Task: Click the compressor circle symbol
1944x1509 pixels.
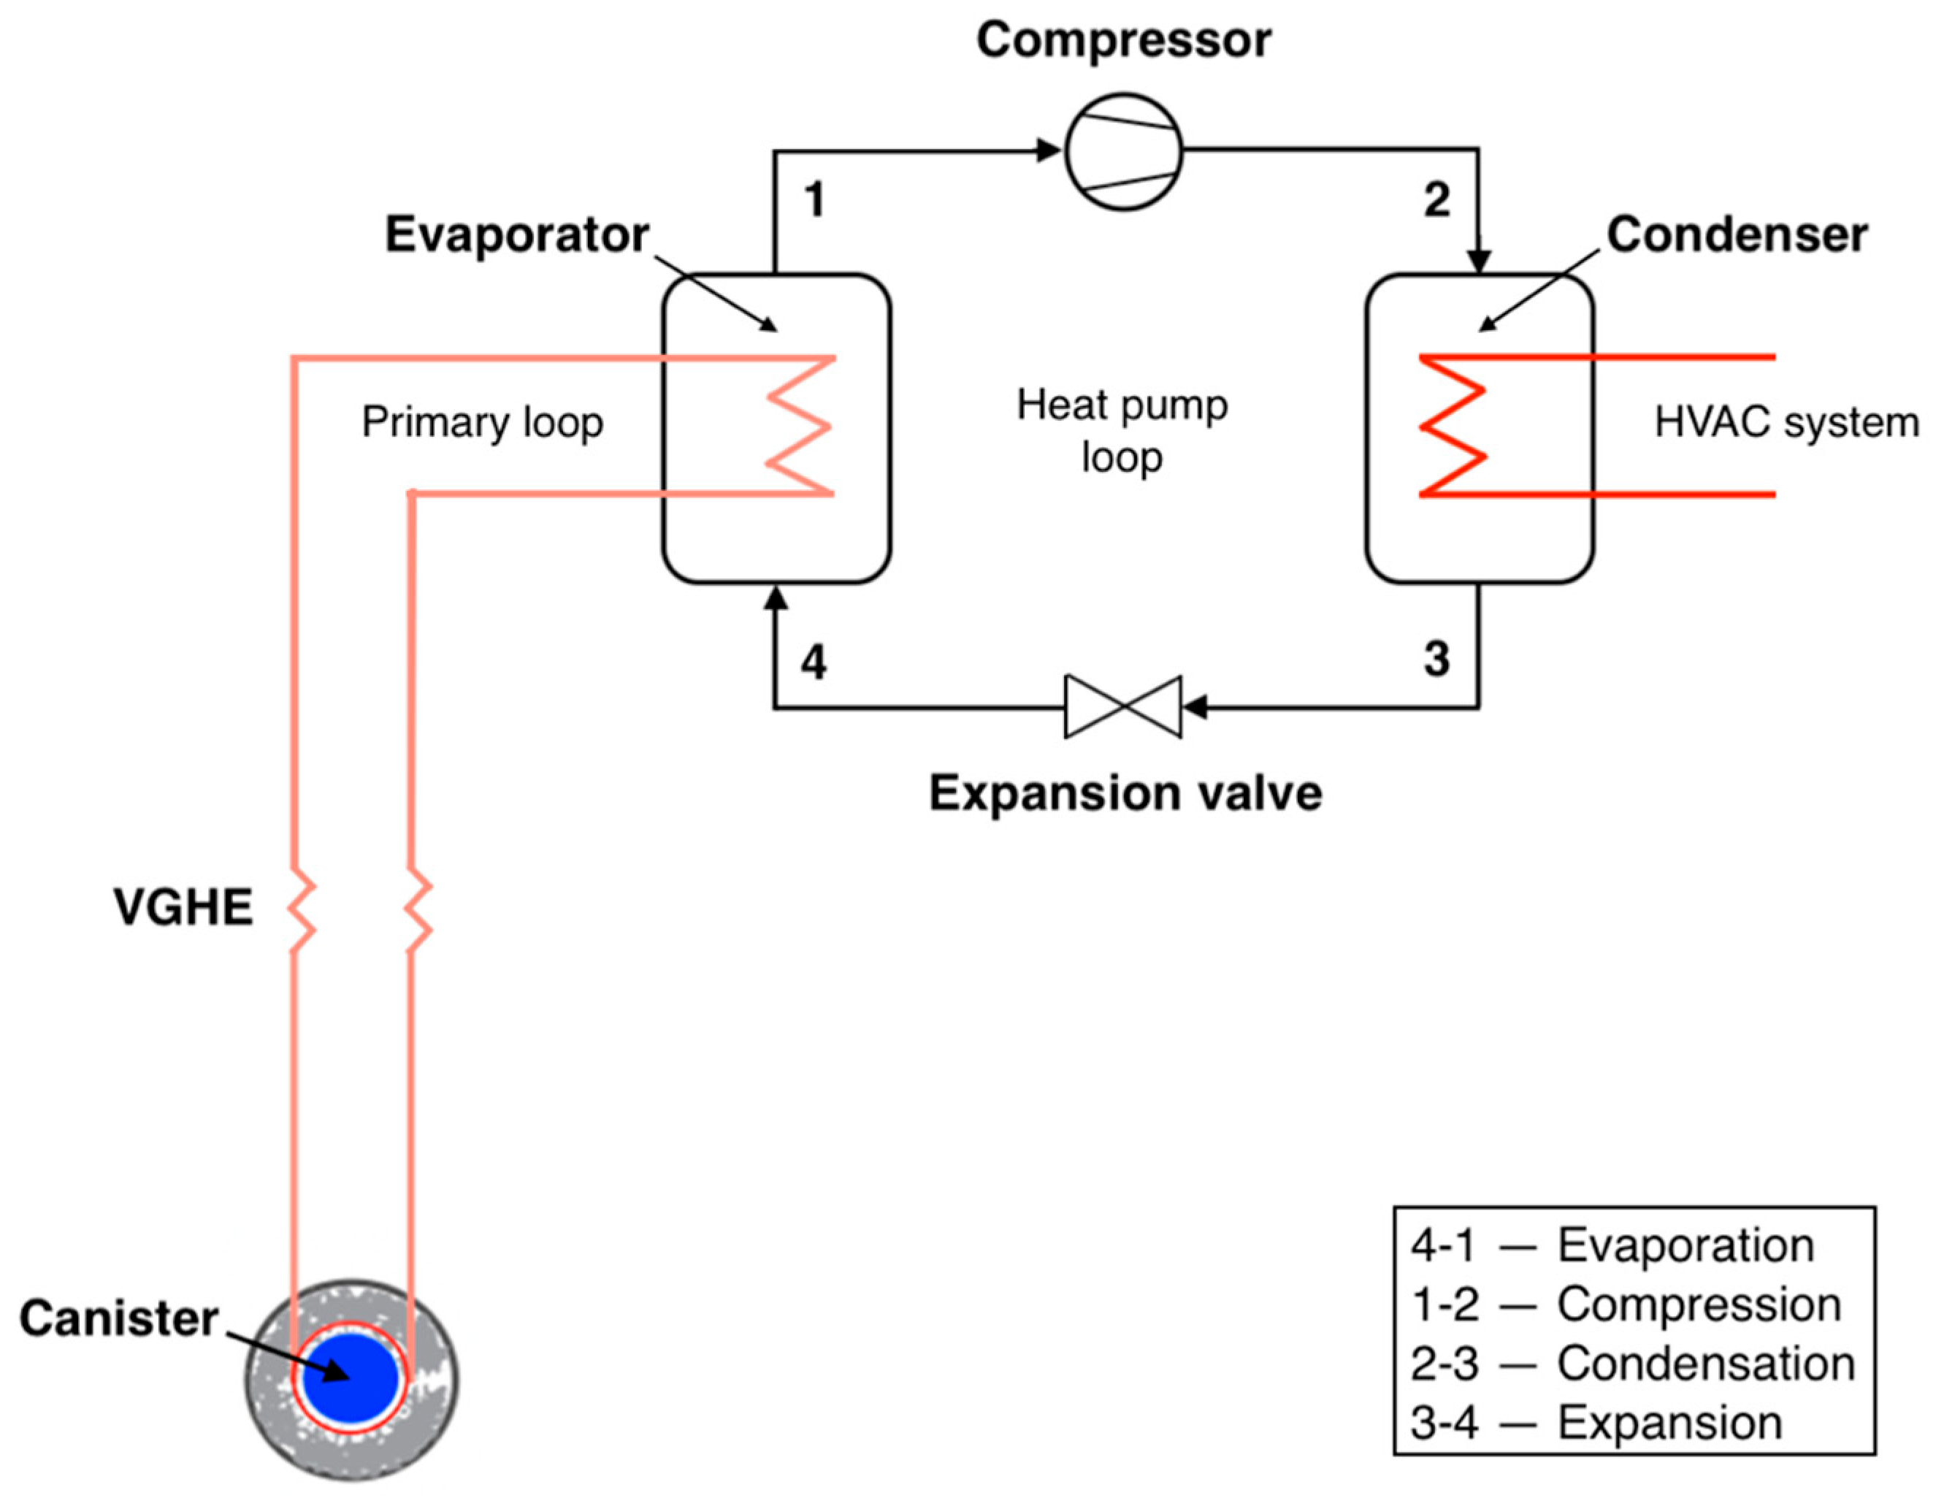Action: click(x=1123, y=151)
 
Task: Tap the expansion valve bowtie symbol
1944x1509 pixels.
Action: click(x=1122, y=707)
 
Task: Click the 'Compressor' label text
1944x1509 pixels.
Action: click(x=1123, y=40)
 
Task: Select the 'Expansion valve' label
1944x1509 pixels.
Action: click(x=1125, y=792)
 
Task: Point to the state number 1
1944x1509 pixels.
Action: click(x=814, y=199)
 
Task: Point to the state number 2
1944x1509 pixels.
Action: click(x=1436, y=199)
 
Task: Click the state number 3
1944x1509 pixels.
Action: click(x=1436, y=660)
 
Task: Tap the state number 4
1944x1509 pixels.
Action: click(x=813, y=662)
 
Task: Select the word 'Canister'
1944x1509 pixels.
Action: click(x=118, y=1318)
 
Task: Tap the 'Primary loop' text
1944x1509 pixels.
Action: click(x=481, y=422)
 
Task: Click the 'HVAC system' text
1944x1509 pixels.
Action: click(x=1786, y=422)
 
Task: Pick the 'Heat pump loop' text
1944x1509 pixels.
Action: click(x=1122, y=431)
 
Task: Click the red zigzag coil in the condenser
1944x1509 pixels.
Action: click(x=1453, y=426)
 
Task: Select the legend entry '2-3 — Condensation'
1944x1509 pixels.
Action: click(x=1632, y=1364)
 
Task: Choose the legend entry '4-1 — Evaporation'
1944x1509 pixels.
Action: click(x=1612, y=1245)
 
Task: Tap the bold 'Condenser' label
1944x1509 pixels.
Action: click(x=1736, y=235)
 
